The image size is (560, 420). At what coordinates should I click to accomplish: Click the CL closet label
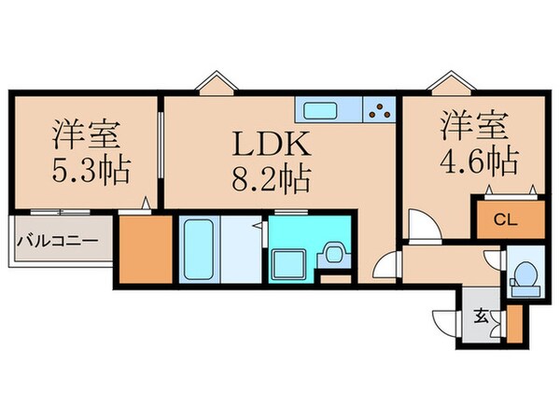click(x=505, y=221)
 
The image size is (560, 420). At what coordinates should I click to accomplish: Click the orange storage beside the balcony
click(x=147, y=249)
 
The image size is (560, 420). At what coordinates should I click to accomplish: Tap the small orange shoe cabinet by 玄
click(x=512, y=321)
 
